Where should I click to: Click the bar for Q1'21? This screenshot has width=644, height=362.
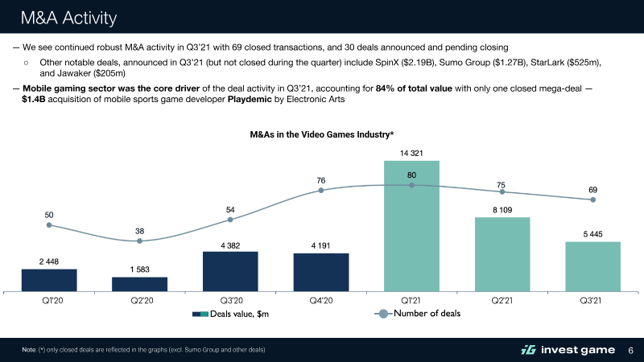pyautogui.click(x=411, y=225)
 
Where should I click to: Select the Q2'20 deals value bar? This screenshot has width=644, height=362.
pyautogui.click(x=139, y=284)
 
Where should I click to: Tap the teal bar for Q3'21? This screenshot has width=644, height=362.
pyautogui.click(x=592, y=266)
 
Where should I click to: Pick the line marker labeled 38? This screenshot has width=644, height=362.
pyautogui.click(x=139, y=240)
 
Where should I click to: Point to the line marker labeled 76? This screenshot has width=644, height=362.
pyautogui.click(x=321, y=191)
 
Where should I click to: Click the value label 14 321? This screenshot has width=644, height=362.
pyautogui.click(x=411, y=152)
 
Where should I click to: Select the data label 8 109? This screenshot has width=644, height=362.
pyautogui.click(x=502, y=209)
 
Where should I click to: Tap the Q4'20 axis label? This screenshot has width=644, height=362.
pyautogui.click(x=320, y=302)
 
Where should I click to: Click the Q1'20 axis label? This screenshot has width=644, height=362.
pyautogui.click(x=49, y=302)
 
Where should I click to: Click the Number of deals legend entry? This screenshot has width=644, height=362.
pyautogui.click(x=417, y=313)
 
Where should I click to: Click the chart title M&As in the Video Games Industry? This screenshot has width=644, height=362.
pyautogui.click(x=321, y=134)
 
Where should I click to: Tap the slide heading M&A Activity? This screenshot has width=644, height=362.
pyautogui.click(x=68, y=17)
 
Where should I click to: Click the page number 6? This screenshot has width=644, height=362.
pyautogui.click(x=630, y=349)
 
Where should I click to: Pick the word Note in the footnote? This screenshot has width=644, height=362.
pyautogui.click(x=29, y=349)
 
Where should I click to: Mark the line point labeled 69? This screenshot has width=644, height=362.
pyautogui.click(x=592, y=200)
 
